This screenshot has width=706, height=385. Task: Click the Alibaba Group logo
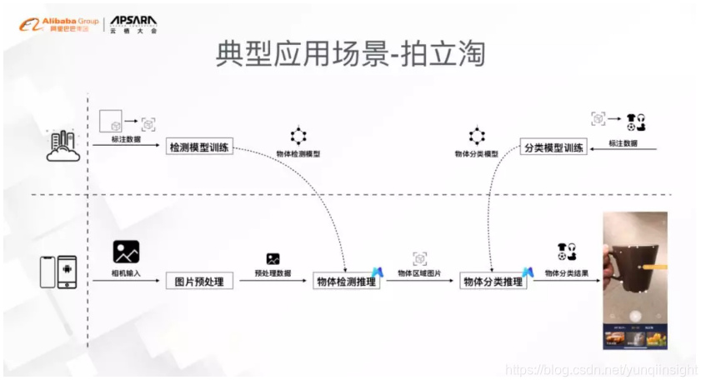57,23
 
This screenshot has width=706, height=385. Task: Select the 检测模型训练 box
198,147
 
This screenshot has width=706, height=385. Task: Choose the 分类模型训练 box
553,147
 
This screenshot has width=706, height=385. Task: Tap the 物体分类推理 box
493,282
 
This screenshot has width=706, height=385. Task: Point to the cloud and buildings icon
63,145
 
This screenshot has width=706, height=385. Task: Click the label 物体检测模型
298,155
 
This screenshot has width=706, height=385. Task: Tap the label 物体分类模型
477,155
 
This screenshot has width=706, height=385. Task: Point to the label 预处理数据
273,273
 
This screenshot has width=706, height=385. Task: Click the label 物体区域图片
420,273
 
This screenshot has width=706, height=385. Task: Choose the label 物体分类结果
568,273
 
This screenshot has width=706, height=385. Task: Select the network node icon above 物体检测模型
298,136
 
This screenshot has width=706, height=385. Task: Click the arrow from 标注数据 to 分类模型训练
622,150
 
